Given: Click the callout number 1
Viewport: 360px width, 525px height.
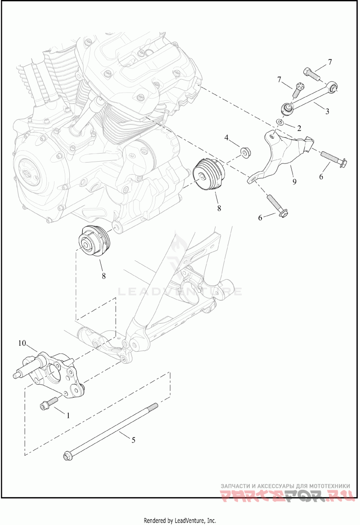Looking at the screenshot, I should coord(68,416).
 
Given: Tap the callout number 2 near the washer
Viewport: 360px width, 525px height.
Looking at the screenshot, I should coord(298,128).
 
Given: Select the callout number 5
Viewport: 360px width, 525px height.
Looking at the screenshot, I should coord(133,440).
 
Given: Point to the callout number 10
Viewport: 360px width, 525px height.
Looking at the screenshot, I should coord(22,344).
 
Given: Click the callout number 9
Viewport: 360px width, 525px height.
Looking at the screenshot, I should coord(294,181).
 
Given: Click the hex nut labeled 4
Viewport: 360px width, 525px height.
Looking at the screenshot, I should coord(246,153).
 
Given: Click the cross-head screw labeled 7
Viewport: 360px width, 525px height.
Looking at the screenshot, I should coord(297,90).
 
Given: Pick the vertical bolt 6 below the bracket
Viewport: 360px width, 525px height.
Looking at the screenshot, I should coord(277,205).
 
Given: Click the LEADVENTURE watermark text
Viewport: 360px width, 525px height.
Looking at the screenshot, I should coord(180,291).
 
